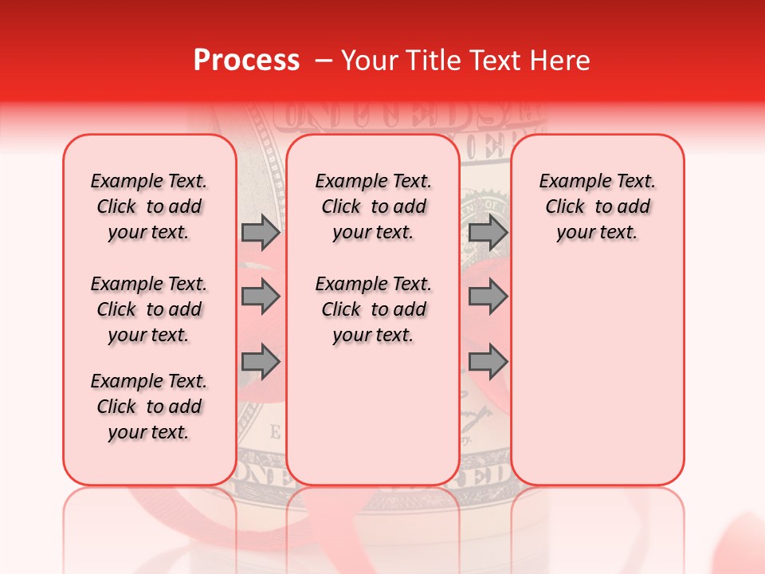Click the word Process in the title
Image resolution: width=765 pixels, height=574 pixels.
245,61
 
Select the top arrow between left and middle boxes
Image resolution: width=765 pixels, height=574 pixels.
261,232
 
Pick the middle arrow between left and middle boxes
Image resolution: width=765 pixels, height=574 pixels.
261,297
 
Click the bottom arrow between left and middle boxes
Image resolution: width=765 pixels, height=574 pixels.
261,363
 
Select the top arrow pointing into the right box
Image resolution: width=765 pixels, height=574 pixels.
488,232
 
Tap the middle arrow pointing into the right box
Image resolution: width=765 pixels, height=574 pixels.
488,297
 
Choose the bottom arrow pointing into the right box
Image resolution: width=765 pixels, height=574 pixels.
488,363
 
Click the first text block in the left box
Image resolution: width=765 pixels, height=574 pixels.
149,206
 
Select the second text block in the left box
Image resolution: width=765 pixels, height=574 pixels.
149,309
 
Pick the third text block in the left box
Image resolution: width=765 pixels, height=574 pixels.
149,407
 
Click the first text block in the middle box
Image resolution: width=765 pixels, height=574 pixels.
374,206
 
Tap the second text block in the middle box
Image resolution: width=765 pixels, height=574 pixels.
374,309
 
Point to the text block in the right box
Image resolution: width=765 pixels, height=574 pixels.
598,206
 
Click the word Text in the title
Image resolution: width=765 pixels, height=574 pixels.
495,61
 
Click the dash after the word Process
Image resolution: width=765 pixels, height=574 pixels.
324,61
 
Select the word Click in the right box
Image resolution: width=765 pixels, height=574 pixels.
565,207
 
